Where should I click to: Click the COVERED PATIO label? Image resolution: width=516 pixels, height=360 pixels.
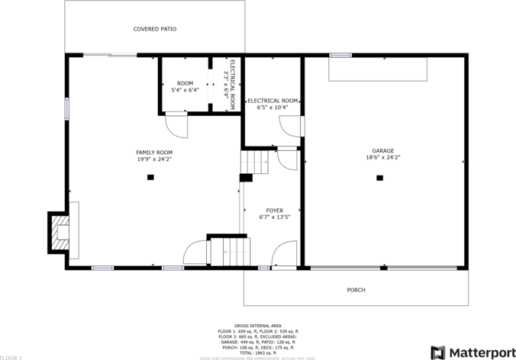[155, 29]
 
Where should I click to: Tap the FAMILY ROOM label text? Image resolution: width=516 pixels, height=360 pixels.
[154, 153]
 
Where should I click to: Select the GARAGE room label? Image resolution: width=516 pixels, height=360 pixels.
[383, 151]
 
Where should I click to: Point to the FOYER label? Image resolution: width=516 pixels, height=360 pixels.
[275, 211]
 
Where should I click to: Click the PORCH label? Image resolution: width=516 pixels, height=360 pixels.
[356, 290]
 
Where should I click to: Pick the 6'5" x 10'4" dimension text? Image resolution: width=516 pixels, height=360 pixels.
[273, 108]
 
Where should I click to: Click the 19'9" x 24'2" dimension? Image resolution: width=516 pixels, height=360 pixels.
[154, 159]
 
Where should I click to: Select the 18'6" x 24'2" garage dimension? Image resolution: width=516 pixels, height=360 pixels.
[383, 158]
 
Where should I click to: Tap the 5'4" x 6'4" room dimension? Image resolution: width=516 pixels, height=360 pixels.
[185, 90]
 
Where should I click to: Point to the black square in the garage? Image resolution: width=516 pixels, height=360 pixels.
[379, 178]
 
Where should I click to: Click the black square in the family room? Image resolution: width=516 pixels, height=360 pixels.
[150, 177]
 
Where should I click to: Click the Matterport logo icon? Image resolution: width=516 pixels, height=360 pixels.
[437, 352]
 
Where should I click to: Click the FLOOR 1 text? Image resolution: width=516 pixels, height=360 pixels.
[11, 357]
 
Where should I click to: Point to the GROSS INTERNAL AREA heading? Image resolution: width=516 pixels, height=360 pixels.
[256, 325]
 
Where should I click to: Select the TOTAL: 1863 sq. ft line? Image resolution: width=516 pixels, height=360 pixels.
[256, 352]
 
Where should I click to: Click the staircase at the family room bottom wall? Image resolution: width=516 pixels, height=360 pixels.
[227, 252]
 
